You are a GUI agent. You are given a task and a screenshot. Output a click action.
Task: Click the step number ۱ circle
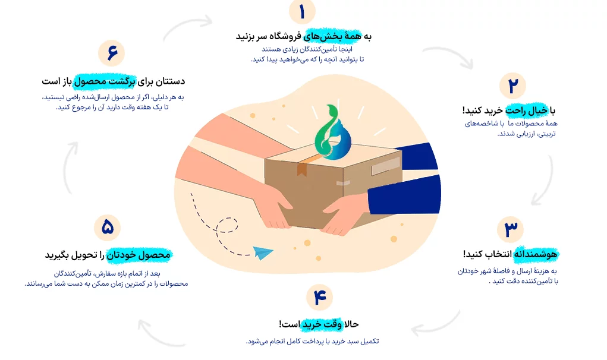pyautogui.click(x=302, y=12)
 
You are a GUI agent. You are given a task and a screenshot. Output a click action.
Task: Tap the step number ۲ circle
pyautogui.click(x=512, y=86)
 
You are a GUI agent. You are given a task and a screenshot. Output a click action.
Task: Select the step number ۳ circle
pyautogui.click(x=511, y=229)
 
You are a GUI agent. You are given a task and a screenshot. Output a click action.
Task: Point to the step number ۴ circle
pyautogui.click(x=320, y=297)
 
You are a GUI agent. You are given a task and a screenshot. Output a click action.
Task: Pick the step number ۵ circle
pyautogui.click(x=107, y=228)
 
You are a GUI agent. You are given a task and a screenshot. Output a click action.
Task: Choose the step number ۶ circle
pyautogui.click(x=112, y=53)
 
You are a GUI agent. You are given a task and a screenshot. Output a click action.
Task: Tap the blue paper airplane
pyautogui.click(x=263, y=253)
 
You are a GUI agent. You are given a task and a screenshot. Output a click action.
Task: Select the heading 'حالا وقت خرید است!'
pyautogui.click(x=319, y=324)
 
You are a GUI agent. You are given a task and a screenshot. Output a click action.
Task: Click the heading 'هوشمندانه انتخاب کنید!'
pyautogui.click(x=510, y=254)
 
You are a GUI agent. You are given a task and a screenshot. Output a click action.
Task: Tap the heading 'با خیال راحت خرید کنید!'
pyautogui.click(x=509, y=110)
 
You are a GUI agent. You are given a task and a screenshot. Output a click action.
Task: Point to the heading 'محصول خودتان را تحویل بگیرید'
pyautogui.click(x=108, y=255)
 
